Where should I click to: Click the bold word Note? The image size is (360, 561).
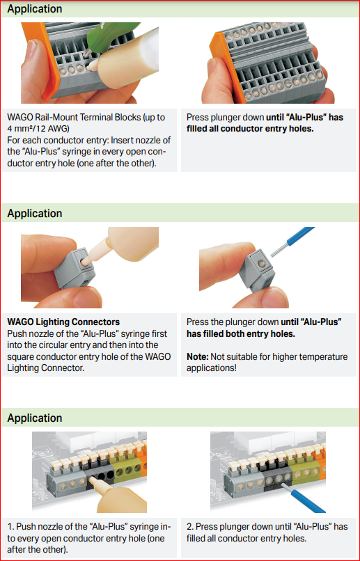[197, 356]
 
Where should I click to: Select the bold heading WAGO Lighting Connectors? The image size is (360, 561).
[63, 322]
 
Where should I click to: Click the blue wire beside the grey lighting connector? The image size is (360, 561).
[292, 241]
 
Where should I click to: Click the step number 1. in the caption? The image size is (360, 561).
[10, 527]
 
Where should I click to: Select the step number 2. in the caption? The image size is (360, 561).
[190, 527]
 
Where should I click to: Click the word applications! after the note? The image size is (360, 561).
[212, 368]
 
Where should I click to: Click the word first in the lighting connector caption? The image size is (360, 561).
[157, 333]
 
